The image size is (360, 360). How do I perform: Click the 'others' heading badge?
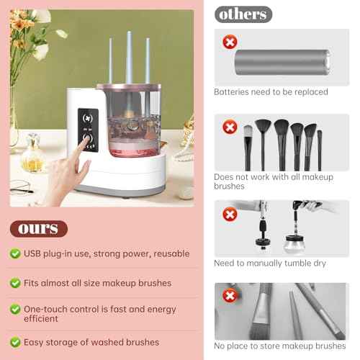243,14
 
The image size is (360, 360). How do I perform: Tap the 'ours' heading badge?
38,229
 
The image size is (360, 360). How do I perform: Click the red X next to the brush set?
230,128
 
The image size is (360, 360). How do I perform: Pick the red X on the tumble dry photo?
230,214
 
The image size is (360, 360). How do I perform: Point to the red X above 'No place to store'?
230,296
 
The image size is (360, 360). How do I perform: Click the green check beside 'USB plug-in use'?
15,253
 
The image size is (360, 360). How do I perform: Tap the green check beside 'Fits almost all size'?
15,283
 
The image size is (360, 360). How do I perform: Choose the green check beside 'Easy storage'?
15,343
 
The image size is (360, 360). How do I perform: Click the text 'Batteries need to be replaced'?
271,92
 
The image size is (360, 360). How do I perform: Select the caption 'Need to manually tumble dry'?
270,263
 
